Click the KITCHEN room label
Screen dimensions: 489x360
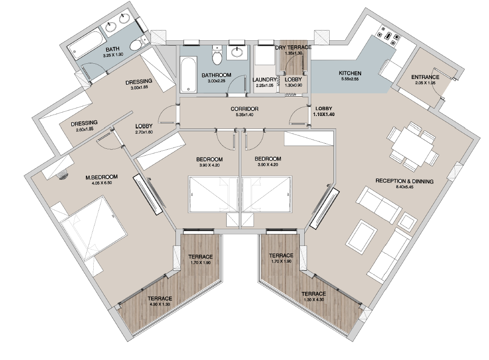coord(350,73)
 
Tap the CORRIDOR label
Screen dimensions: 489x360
coord(245,109)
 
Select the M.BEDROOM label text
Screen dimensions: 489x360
coord(102,177)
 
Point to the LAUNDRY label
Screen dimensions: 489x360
coord(265,80)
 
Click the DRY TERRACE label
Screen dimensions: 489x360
coord(293,48)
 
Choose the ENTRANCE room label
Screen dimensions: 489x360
coord(425,77)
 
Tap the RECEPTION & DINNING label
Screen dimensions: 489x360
coord(404,181)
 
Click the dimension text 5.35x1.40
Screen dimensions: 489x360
coord(245,115)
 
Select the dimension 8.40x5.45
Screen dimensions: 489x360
coord(404,187)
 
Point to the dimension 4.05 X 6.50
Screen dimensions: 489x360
coord(102,183)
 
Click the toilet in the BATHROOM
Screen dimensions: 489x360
coord(217,55)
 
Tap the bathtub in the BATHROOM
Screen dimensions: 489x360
coord(188,74)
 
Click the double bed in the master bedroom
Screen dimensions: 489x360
coord(93,227)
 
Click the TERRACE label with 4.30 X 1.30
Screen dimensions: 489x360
coord(160,299)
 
